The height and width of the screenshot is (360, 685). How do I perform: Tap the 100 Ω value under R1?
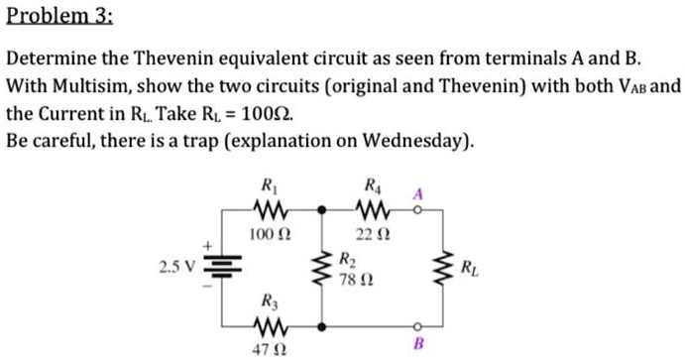click(x=268, y=233)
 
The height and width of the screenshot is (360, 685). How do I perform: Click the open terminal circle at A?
click(x=418, y=210)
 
